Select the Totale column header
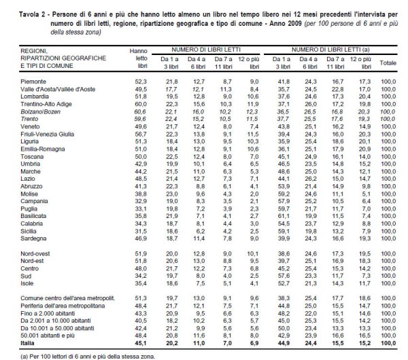(388, 62)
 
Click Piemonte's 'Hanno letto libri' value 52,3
(142, 82)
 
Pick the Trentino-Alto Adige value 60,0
(141, 102)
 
